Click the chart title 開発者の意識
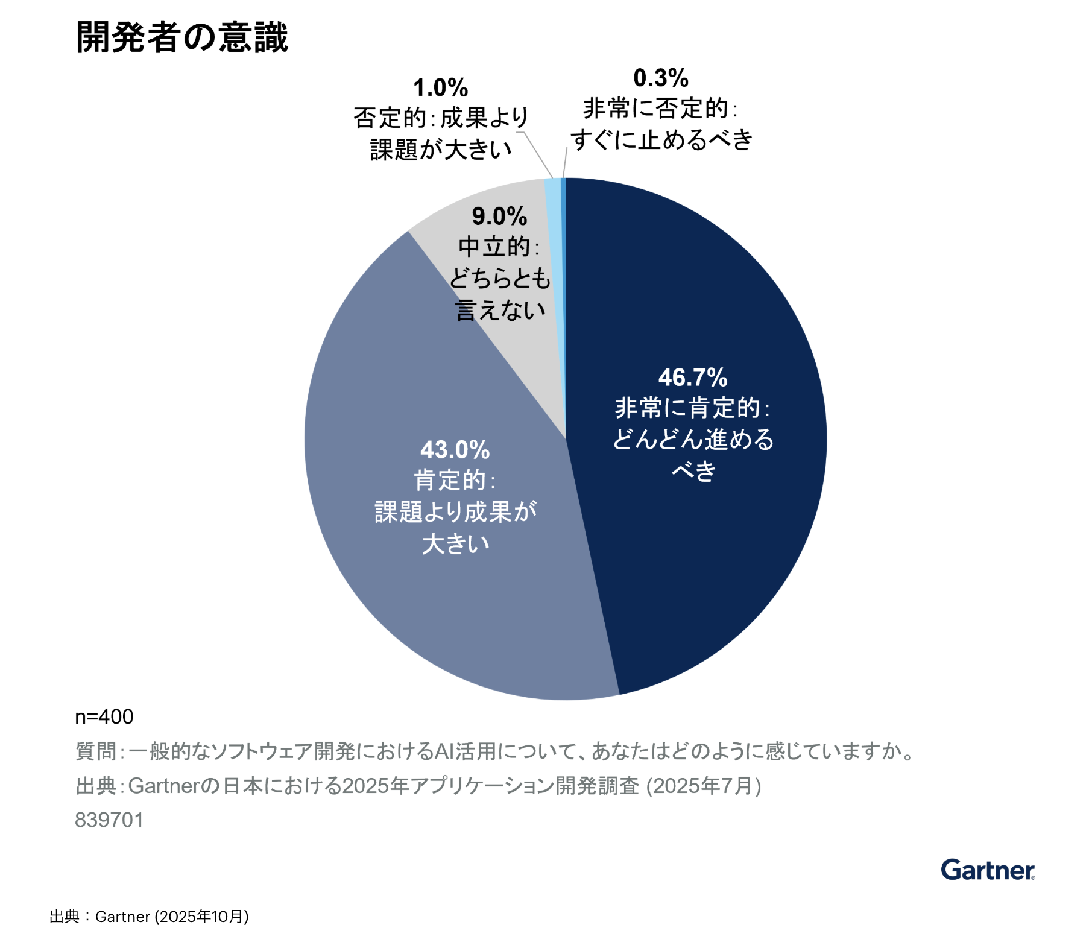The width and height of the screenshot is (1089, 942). point(182,37)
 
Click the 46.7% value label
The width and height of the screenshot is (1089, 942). point(693,378)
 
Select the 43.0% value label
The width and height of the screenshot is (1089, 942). point(455,450)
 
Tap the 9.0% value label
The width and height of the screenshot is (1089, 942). point(499,217)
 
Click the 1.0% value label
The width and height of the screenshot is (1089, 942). point(441,88)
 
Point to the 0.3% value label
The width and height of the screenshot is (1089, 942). point(661,78)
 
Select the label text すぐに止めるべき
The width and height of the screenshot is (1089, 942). point(661,140)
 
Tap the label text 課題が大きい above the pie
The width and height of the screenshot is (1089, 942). point(441,150)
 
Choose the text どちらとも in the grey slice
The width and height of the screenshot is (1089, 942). point(500,279)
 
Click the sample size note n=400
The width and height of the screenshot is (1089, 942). point(104,716)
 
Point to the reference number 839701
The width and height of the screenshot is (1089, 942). point(109,820)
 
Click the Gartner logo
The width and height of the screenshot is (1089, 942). point(988,870)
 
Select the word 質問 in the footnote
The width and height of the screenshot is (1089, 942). point(95,751)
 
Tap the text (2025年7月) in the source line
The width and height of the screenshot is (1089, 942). point(704,786)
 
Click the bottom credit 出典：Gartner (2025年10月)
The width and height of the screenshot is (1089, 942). point(149,917)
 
